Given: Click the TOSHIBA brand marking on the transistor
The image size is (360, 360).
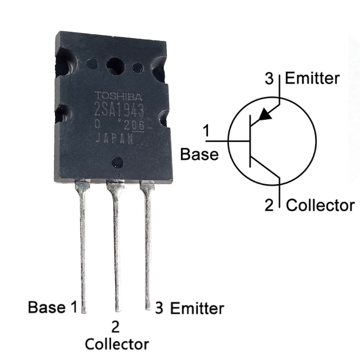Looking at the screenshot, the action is click(x=118, y=96).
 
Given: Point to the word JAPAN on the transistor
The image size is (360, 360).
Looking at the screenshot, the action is click(x=115, y=139).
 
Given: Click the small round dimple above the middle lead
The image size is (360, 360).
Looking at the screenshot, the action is click(x=117, y=162).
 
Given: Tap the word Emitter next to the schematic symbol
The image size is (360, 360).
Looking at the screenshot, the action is click(x=312, y=78).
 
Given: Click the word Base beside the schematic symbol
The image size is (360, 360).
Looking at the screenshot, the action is click(x=199, y=154).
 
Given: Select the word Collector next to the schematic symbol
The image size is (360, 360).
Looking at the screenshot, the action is click(x=320, y=205).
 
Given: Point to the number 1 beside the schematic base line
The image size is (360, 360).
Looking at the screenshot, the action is click(x=206, y=131).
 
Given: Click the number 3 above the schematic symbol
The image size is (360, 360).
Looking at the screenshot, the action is click(x=269, y=79).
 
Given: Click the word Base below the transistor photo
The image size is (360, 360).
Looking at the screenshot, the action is click(x=47, y=307).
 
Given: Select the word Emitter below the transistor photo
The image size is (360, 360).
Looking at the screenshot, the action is click(x=197, y=308).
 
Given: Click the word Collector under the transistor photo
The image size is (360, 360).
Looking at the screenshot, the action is click(x=117, y=343).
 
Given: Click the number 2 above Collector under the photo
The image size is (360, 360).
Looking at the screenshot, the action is click(x=115, y=327).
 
